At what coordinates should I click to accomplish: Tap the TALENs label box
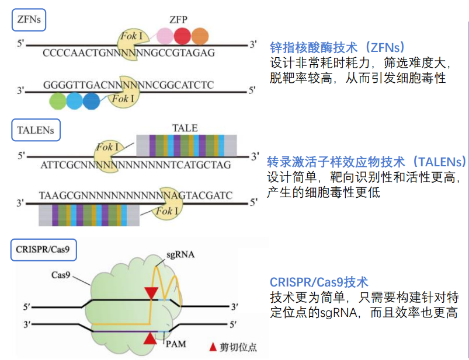37,130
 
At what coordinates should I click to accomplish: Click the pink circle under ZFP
165,36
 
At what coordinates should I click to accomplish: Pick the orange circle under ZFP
200,36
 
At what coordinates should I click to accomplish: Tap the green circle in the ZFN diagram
58,101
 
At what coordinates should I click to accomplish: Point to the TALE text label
185,128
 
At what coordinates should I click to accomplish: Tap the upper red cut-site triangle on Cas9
152,293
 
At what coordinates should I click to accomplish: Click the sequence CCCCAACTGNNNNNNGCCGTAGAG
128,53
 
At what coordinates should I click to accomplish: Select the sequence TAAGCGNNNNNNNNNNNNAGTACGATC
136,194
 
